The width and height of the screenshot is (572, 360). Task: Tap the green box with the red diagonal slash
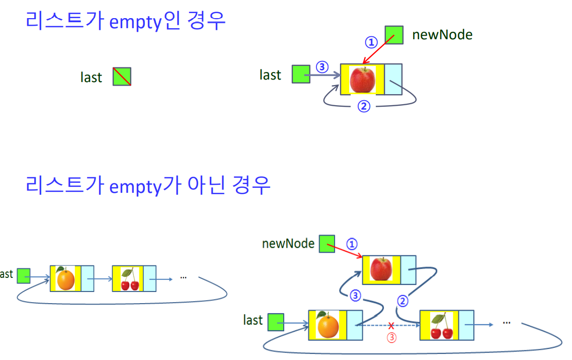(x=122, y=77)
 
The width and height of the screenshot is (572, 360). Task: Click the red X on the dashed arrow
(x=391, y=326)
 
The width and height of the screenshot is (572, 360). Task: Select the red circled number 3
(x=391, y=338)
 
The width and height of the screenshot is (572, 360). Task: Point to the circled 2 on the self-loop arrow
(x=364, y=106)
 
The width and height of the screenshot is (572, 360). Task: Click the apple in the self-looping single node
(x=362, y=80)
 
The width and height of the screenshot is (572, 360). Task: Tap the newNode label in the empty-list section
(x=442, y=35)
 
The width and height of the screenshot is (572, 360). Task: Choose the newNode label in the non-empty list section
(x=288, y=244)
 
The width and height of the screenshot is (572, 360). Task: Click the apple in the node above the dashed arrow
(x=381, y=268)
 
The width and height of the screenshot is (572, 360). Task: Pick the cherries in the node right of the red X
(x=442, y=326)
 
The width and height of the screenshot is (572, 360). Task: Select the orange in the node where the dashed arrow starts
(x=328, y=325)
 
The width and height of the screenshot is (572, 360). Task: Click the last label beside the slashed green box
(x=91, y=78)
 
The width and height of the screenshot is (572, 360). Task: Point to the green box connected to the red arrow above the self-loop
(x=394, y=35)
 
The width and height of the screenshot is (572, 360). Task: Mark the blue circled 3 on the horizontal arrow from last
(x=322, y=67)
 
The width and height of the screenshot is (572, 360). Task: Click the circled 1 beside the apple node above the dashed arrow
(x=352, y=244)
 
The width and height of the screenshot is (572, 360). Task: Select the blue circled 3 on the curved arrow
(x=355, y=296)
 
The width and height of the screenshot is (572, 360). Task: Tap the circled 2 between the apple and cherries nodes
(x=402, y=301)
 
